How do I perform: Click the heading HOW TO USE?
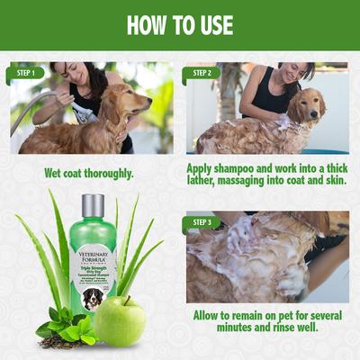point(180,24)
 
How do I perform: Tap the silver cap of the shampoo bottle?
point(93,205)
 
